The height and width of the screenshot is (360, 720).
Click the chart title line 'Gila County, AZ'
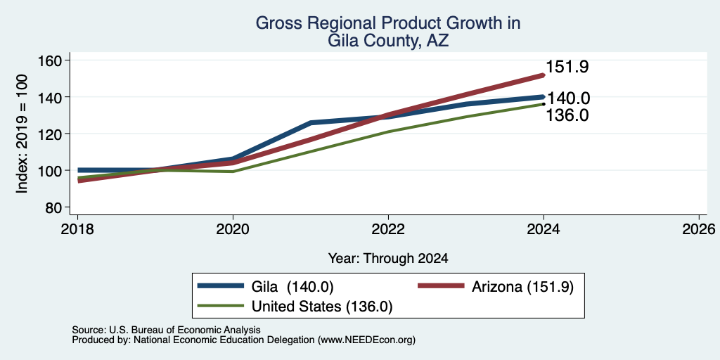coord(388,41)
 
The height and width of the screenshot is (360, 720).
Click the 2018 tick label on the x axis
coord(77,229)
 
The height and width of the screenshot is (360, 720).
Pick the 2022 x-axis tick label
coord(388,229)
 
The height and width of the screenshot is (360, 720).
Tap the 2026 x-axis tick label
coord(699,229)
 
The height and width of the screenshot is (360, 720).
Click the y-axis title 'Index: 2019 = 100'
coord(22,134)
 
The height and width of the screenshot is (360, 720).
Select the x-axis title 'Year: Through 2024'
coord(388,259)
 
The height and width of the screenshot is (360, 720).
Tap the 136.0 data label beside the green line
coord(567,115)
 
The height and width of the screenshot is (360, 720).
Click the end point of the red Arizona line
coord(544,75)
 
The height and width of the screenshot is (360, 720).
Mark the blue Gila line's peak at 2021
coord(311,122)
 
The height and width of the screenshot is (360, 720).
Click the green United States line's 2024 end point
coord(544,104)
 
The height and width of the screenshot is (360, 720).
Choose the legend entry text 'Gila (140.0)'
coord(292,287)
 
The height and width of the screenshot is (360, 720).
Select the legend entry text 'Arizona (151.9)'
coord(522,287)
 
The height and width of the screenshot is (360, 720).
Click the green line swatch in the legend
coord(220,306)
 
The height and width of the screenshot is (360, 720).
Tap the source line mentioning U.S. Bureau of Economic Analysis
coord(166,330)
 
